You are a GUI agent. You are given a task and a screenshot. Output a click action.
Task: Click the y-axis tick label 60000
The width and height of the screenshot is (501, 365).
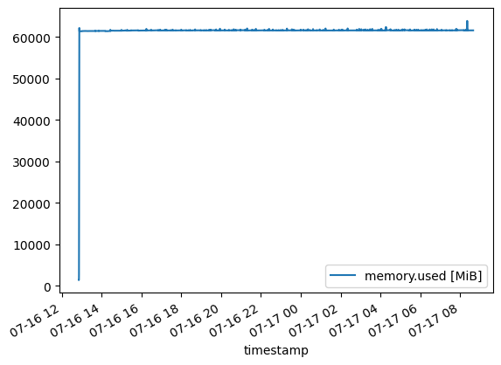coord(31,38)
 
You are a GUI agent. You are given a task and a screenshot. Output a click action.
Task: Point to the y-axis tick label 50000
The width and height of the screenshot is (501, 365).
coord(31,79)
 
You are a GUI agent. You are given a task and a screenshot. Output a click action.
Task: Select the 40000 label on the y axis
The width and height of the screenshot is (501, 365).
coord(31,121)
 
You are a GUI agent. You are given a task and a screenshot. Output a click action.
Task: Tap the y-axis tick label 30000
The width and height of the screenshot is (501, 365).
coord(31,162)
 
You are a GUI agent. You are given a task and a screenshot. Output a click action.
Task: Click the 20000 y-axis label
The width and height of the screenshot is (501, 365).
coord(31,204)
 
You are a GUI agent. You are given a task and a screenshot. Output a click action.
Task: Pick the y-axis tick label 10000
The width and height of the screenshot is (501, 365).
coord(31,245)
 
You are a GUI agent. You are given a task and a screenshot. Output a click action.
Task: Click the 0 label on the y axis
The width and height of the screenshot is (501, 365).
coord(47,287)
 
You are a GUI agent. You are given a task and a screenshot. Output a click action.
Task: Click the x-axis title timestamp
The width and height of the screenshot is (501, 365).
coord(276,350)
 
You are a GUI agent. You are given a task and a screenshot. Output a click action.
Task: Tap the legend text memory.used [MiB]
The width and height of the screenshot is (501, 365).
coord(423,276)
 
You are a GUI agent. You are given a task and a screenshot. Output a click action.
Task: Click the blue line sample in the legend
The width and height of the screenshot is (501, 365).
coord(343,275)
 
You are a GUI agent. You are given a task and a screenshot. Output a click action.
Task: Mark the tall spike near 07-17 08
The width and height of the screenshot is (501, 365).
coord(467,25)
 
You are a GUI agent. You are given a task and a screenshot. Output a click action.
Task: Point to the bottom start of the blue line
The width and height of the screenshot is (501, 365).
coord(79,279)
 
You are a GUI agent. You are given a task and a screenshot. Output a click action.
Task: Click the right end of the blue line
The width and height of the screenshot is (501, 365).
coord(474,31)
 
